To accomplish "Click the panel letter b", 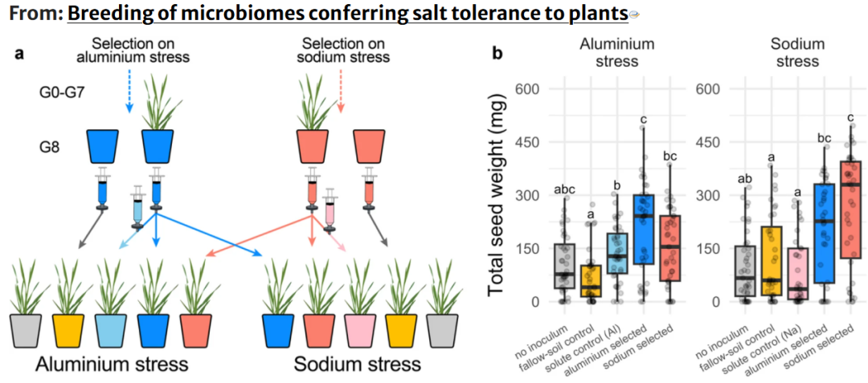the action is [x=497, y=54].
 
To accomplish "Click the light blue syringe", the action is [x=137, y=208].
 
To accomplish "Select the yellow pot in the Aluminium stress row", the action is [x=69, y=329].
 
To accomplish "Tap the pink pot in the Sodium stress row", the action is [x=360, y=329].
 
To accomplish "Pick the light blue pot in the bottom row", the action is [x=112, y=329].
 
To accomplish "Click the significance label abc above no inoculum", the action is [x=565, y=190].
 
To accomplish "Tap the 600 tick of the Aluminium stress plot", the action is [x=526, y=90].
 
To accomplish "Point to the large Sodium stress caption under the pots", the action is [x=357, y=365].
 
